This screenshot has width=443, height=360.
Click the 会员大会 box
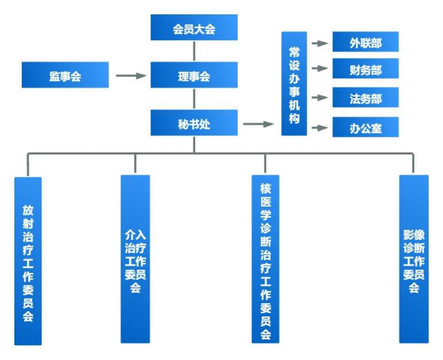click(x=194, y=29)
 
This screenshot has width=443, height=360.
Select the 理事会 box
click(x=194, y=75)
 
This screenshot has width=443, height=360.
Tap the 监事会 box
click(x=65, y=75)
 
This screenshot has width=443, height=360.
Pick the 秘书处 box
click(x=194, y=123)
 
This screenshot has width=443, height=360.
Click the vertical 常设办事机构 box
click(x=294, y=84)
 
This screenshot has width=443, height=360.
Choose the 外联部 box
click(x=366, y=42)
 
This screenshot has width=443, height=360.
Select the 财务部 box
click(x=366, y=70)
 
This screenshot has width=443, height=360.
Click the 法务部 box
click(x=366, y=99)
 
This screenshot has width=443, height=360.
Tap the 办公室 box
click(x=366, y=127)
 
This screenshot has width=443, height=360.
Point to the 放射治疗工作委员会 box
click(x=28, y=261)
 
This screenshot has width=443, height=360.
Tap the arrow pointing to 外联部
click(x=319, y=42)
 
